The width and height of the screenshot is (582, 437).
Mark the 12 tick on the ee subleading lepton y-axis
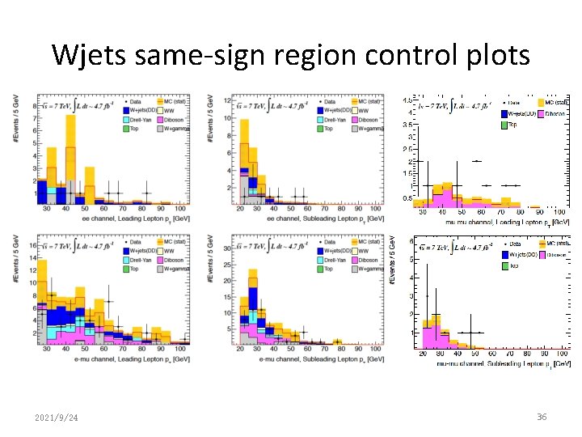[227, 101]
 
